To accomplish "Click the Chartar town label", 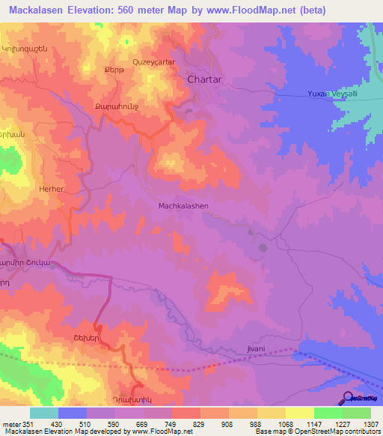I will click(x=206, y=79).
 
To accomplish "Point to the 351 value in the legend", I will click(x=30, y=424).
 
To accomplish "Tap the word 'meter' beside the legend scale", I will click(x=10, y=424).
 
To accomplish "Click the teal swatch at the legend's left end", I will click(x=44, y=413).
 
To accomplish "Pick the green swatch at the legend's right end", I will click(x=356, y=413).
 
